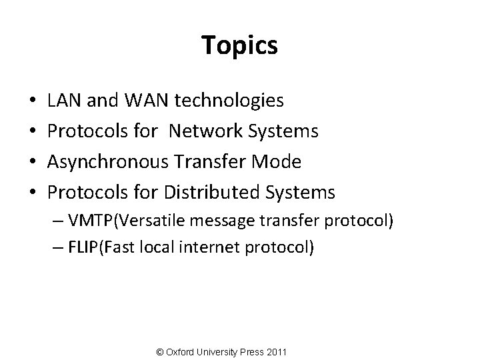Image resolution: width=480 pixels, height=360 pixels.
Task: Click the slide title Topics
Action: [239, 45]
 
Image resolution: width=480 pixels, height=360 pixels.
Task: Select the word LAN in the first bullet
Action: [64, 101]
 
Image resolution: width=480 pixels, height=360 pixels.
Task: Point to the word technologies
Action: [229, 101]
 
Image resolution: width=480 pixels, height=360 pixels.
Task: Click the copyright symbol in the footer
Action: [158, 351]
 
